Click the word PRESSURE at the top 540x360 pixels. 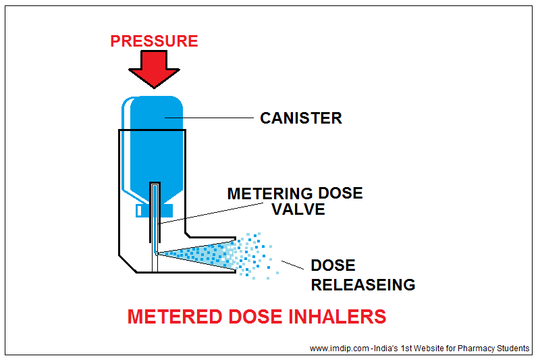pyautogui.click(x=154, y=41)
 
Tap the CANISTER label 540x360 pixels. pyautogui.click(x=301, y=118)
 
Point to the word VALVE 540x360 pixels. pyautogui.click(x=298, y=210)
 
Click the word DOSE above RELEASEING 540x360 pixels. pyautogui.click(x=333, y=266)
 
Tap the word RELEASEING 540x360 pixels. pyautogui.click(x=362, y=284)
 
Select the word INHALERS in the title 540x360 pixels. pyautogui.click(x=342, y=317)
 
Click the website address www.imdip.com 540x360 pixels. pyautogui.click(x=340, y=349)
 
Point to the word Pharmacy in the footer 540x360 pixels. pyautogui.click(x=475, y=349)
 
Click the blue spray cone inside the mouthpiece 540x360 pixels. pyautogui.click(x=196, y=254)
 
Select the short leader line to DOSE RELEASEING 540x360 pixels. pyautogui.click(x=292, y=265)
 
